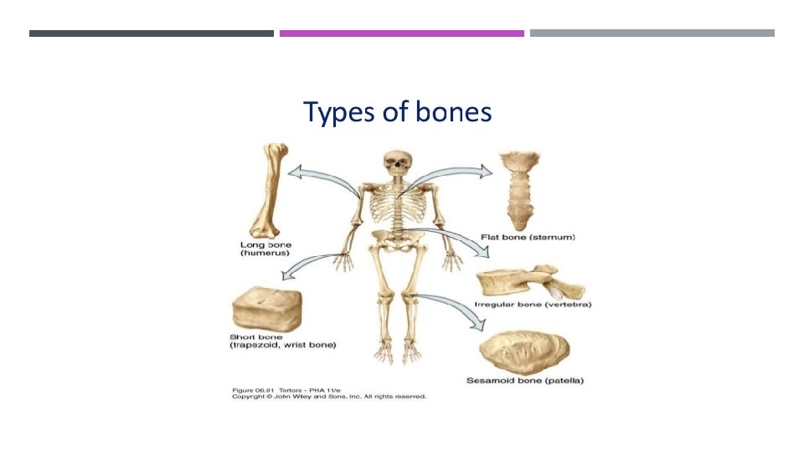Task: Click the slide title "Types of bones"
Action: coord(397,111)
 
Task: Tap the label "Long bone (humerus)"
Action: coord(260,247)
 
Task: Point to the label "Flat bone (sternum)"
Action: coord(528,237)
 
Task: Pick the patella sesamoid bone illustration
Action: coord(525,351)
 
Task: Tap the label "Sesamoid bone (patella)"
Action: coord(524,382)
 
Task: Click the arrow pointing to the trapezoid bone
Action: coord(310,263)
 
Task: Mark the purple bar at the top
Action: coord(401,33)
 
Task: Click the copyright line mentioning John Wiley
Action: coord(328,397)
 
